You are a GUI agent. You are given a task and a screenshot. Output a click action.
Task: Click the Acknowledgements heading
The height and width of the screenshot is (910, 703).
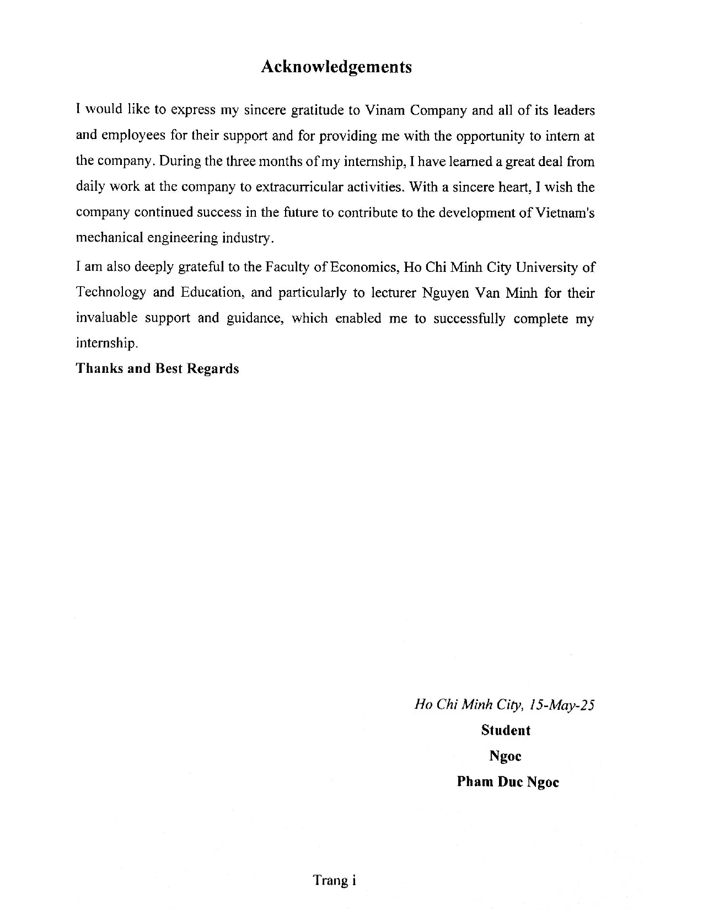tap(336, 67)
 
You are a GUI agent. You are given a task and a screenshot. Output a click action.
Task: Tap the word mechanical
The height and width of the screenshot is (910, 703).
tap(108, 238)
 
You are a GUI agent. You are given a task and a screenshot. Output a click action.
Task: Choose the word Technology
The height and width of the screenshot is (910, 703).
tap(110, 292)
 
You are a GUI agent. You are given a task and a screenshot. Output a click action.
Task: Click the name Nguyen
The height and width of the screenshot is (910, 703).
tap(445, 292)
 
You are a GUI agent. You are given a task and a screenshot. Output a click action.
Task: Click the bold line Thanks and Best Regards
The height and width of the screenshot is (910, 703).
tap(157, 368)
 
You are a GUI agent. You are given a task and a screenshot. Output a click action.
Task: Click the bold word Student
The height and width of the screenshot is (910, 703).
tap(506, 730)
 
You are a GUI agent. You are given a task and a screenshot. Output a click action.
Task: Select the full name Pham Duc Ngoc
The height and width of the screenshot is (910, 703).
tap(508, 782)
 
